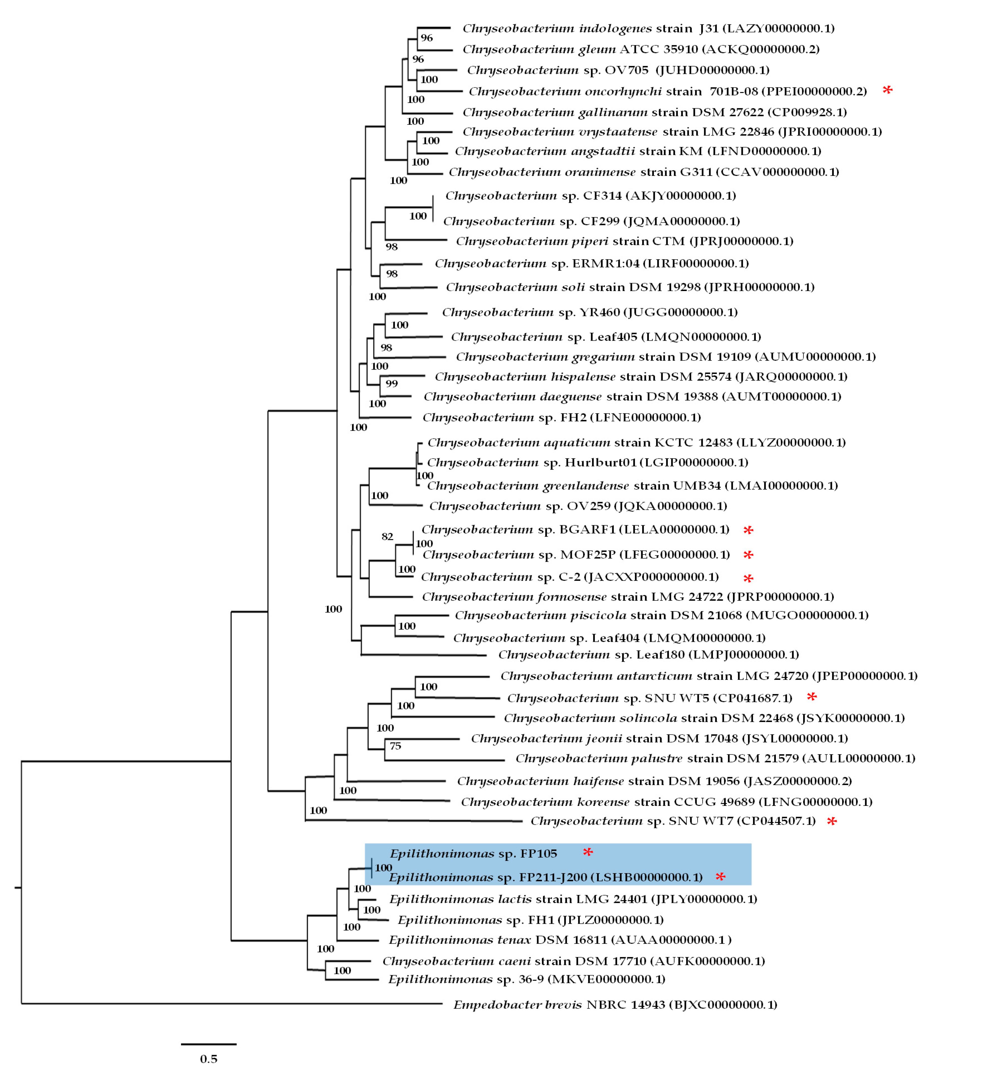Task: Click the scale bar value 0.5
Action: pos(209,1059)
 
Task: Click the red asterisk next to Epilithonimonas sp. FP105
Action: pos(588,852)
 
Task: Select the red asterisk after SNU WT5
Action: pos(812,697)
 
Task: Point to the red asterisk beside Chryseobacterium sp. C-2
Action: pos(748,578)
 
